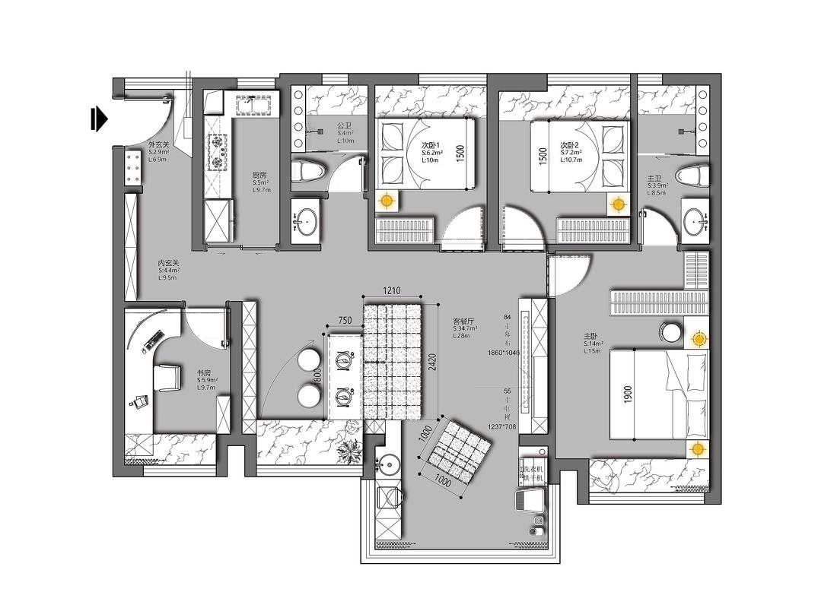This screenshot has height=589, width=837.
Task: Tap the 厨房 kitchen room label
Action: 259,175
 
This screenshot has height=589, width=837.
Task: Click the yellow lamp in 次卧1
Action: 387,201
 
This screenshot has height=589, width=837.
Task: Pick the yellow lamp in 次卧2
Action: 618,204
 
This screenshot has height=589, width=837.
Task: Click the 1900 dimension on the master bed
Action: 628,394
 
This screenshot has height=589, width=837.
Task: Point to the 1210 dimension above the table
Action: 391,291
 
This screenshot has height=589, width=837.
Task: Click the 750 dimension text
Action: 345,321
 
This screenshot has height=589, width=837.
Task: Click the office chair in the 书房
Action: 167,376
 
